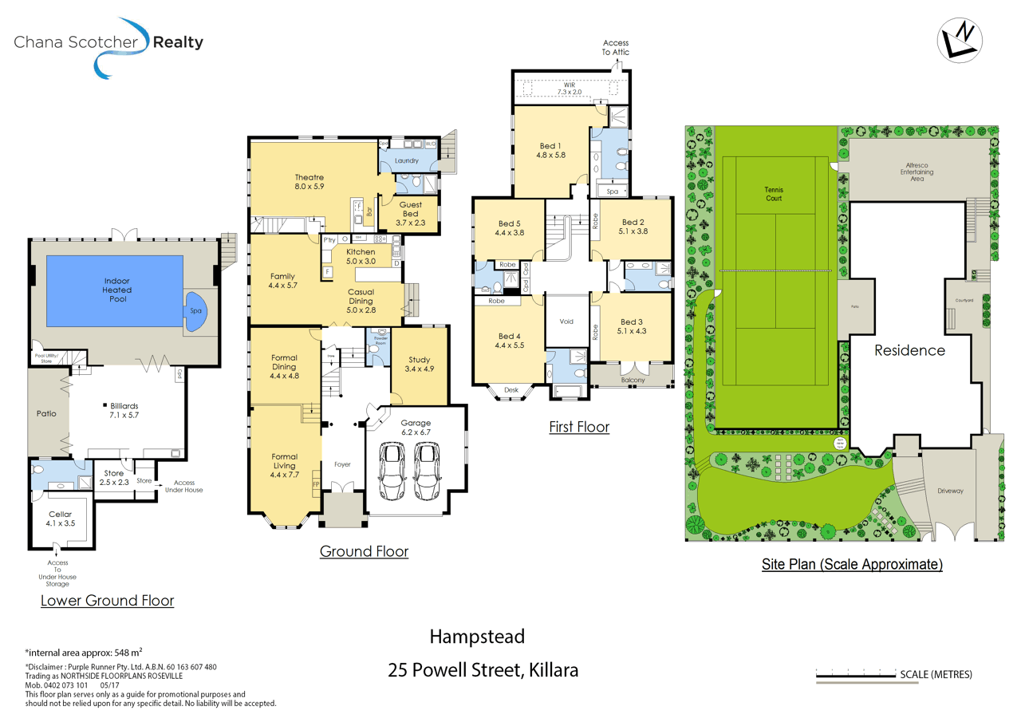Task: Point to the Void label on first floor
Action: pyautogui.click(x=566, y=322)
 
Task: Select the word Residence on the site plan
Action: pyautogui.click(x=909, y=350)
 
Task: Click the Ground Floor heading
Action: pyautogui.click(x=364, y=551)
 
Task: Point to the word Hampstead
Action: pyautogui.click(x=477, y=637)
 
